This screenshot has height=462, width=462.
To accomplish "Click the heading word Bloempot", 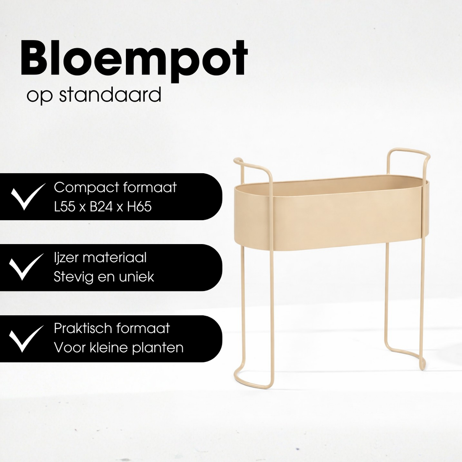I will click(134, 59).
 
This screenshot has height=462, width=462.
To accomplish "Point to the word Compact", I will click(85, 187).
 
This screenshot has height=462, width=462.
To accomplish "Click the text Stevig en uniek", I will click(104, 277).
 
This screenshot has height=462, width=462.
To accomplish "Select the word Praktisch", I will click(83, 328).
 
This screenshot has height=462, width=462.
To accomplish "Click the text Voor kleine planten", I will click(118, 348).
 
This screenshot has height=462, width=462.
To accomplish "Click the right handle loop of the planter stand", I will click(408, 156).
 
